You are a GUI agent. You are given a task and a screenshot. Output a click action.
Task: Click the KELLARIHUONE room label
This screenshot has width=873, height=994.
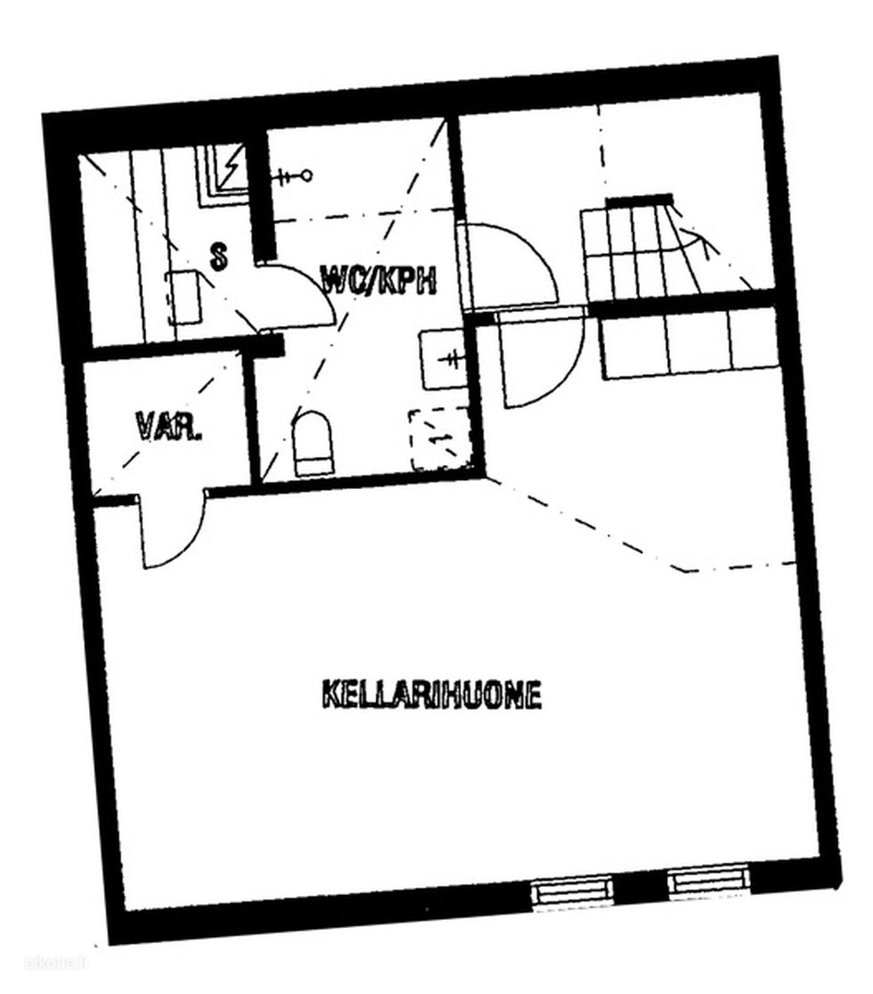(432, 694)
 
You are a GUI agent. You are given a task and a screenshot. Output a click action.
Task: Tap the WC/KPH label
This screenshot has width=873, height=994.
(379, 280)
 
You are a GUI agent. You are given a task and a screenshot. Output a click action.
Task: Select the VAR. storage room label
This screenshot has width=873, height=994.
(169, 428)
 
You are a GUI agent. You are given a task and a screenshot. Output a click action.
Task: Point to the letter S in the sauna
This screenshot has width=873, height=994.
(219, 257)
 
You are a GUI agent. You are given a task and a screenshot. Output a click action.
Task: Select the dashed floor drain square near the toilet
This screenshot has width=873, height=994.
(440, 439)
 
